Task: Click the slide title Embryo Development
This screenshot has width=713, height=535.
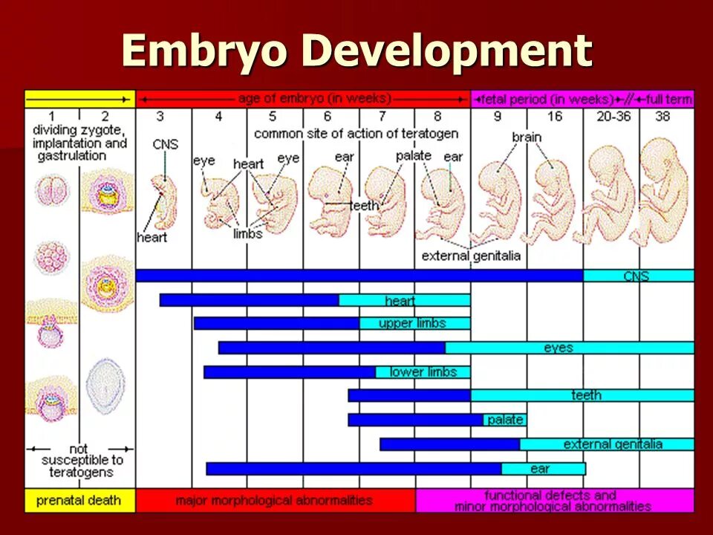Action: point(356,52)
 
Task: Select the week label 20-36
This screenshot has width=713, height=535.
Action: point(611,117)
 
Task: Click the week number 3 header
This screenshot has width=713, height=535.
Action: point(160,117)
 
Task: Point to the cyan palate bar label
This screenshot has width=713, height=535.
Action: point(505,420)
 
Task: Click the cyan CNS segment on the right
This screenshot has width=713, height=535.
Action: point(637,276)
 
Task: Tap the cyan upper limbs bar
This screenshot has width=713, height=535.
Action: point(414,323)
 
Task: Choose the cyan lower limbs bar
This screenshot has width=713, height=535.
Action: point(422,372)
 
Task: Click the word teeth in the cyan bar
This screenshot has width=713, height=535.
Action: point(586,395)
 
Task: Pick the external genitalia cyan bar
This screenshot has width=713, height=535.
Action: point(606,444)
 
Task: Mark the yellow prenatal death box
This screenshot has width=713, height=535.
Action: point(80,500)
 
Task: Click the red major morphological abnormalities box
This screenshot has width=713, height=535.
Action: point(275,500)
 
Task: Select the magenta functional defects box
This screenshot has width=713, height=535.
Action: point(553,500)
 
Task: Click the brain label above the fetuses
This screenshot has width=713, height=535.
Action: point(527,137)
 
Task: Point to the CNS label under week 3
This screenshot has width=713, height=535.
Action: point(165,144)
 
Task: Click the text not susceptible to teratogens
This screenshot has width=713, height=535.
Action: point(80,460)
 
